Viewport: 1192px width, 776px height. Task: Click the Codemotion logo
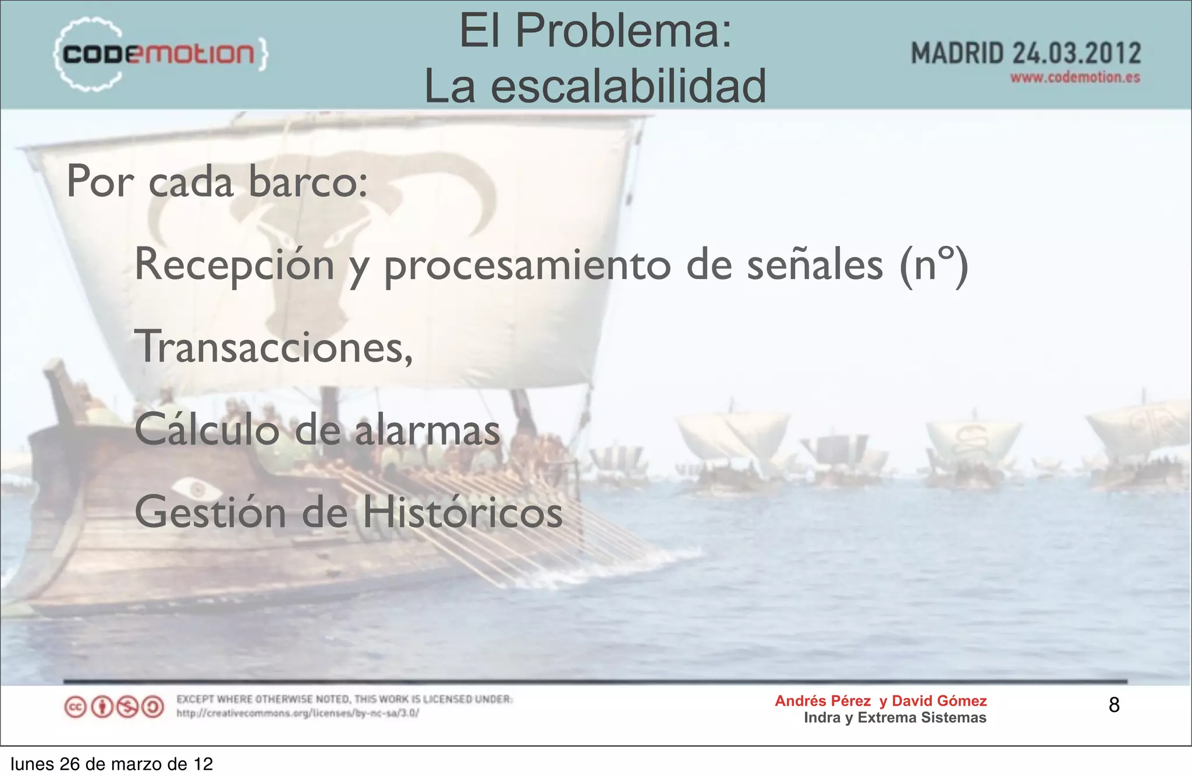coord(160,54)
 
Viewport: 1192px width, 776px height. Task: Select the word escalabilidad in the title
coord(629,86)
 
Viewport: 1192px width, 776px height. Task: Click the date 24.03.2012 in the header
coord(1077,54)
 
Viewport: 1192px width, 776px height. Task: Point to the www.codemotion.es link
coord(1075,77)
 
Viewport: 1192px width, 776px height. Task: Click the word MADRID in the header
coord(957,54)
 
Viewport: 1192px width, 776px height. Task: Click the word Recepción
coord(234,264)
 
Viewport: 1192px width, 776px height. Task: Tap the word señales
coord(815,264)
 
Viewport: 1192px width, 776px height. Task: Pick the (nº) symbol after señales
coord(934,264)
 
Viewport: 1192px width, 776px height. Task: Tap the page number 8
coord(1114,705)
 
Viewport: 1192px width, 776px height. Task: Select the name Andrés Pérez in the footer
coord(822,701)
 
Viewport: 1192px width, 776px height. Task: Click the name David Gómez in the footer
coord(939,701)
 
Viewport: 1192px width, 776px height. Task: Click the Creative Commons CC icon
coord(75,707)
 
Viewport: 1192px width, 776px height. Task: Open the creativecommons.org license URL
coord(297,713)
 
